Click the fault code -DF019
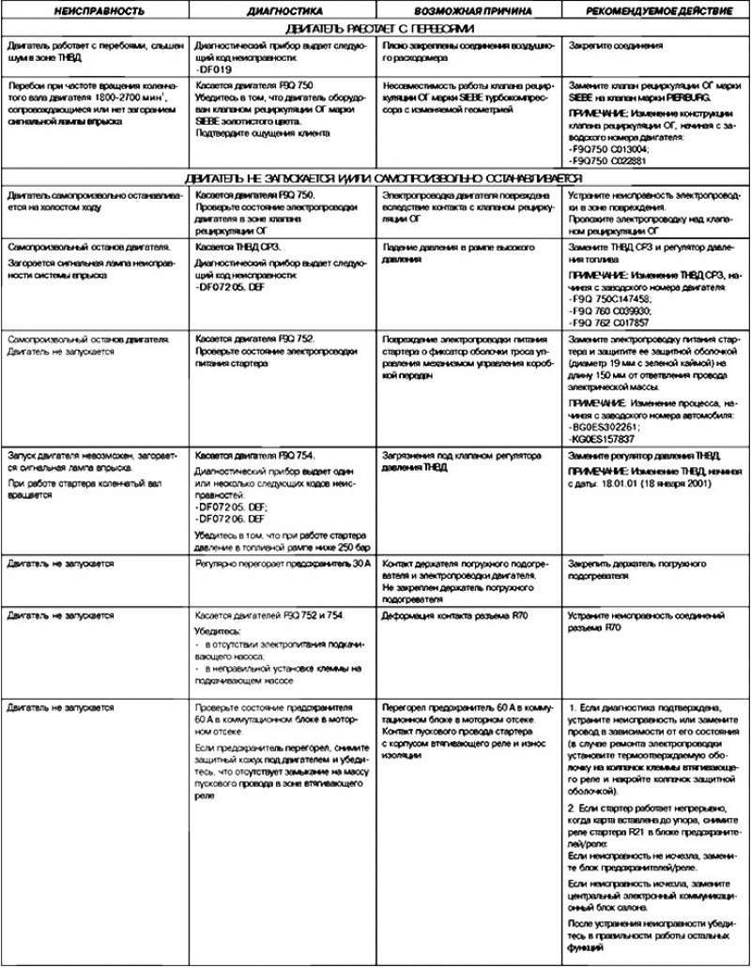point(214,68)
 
